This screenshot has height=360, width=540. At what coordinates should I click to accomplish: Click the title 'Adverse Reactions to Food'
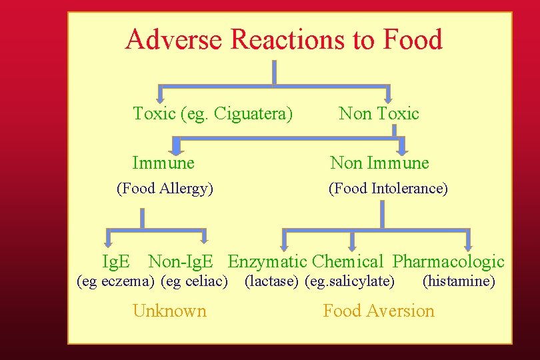[x=283, y=40]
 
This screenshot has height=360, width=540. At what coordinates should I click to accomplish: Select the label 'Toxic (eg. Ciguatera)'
[x=213, y=114]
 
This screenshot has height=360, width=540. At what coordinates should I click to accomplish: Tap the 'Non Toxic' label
[x=379, y=114]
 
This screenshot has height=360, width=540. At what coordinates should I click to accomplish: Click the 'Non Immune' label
[x=380, y=163]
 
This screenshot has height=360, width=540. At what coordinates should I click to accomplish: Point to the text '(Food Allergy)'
[x=165, y=189]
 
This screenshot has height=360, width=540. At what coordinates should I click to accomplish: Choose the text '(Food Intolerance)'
[x=388, y=189]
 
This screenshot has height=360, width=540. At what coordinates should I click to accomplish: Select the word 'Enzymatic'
[x=267, y=262]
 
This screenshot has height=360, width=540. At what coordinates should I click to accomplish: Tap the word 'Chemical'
[x=347, y=262]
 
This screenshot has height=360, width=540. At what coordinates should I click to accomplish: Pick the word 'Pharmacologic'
[x=448, y=262]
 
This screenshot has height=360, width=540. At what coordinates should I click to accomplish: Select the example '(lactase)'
[x=271, y=281]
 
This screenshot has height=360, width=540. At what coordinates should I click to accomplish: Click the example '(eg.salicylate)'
[x=349, y=281]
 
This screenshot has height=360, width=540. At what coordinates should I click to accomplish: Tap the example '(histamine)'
[x=459, y=281]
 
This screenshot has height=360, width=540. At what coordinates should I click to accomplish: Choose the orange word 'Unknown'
[x=169, y=311]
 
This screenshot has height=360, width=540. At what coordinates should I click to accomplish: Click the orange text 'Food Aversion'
[x=379, y=311]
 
